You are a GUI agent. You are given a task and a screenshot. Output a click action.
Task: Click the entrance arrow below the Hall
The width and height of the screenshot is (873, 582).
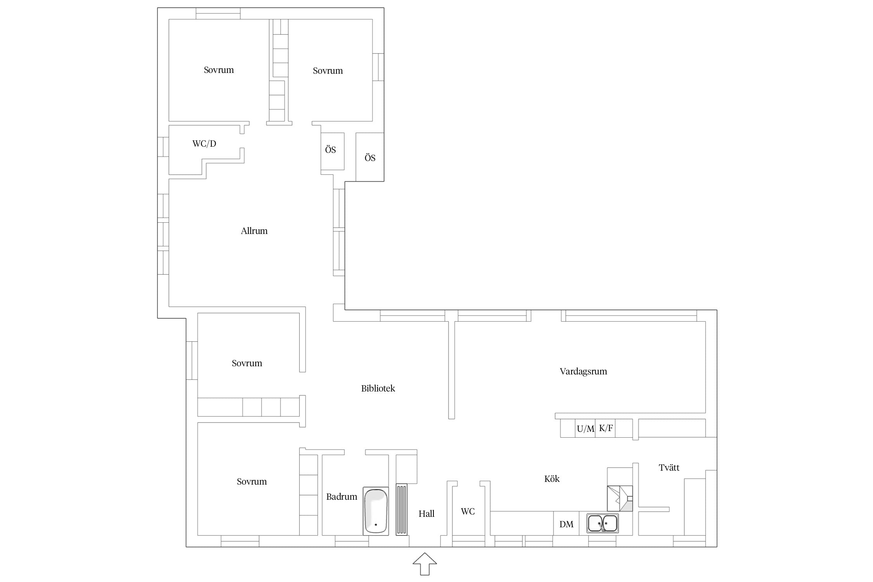[425, 564]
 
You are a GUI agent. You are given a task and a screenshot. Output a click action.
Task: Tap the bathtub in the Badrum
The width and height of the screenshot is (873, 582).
[376, 511]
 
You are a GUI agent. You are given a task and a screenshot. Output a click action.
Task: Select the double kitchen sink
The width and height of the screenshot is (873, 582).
[602, 523]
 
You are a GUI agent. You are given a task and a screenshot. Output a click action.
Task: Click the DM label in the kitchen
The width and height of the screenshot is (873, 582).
[566, 524]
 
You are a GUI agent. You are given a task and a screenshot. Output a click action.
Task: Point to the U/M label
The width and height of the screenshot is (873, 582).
[585, 429]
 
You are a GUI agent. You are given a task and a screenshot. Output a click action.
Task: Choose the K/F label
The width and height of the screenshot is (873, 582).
[606, 428]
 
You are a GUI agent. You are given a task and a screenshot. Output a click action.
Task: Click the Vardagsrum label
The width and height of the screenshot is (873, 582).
[583, 371]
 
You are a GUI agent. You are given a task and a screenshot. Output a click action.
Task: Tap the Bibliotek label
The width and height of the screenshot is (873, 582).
[378, 388]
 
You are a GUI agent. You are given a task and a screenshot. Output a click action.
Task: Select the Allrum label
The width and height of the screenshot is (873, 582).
[254, 231]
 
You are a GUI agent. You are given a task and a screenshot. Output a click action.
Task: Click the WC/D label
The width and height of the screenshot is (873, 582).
[204, 144]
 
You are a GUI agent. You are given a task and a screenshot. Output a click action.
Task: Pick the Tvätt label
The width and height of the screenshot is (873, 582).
[669, 468]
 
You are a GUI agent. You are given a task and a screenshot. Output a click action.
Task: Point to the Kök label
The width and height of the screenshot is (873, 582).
[552, 479]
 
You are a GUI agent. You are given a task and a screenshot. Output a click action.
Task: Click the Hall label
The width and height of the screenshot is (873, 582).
[426, 514]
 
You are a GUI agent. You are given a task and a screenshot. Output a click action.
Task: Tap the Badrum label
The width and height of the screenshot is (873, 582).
[341, 497]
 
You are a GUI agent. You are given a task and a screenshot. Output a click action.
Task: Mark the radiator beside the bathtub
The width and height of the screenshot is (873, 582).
[402, 509]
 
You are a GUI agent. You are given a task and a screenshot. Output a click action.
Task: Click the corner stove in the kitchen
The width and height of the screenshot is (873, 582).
[620, 499]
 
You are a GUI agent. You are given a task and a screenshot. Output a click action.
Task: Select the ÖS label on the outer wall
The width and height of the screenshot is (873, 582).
[370, 158]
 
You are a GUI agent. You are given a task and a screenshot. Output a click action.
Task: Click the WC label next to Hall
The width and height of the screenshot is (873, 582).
[468, 511]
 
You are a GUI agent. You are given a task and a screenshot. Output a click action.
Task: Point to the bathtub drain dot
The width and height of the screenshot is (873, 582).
[376, 525]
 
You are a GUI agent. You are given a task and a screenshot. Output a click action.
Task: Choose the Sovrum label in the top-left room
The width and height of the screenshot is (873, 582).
[219, 70]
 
